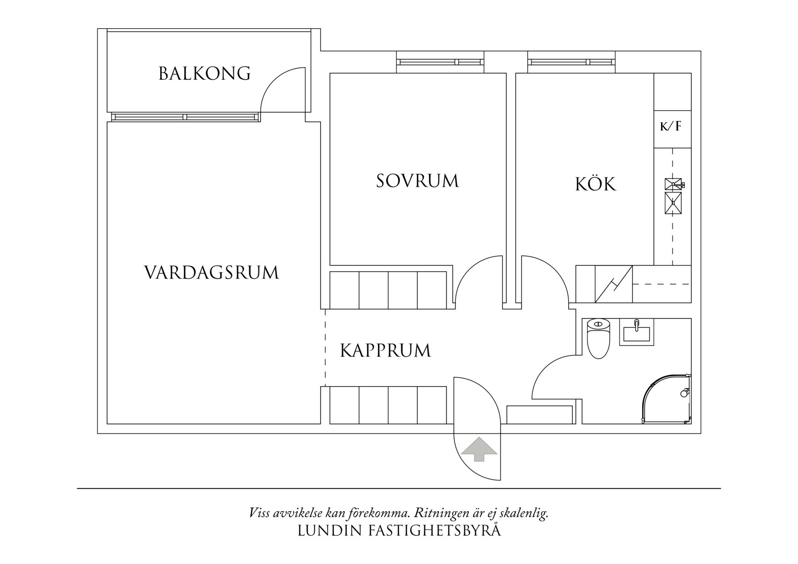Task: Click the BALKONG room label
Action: (204, 74)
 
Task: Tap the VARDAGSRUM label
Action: (211, 273)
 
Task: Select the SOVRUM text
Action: (417, 181)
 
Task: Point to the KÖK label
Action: (596, 185)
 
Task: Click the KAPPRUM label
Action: (385, 351)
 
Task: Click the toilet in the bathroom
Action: (598, 339)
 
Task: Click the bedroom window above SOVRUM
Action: (439, 62)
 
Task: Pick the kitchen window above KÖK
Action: (571, 62)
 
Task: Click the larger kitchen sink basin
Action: (673, 203)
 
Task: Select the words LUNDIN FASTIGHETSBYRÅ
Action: (399, 531)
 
